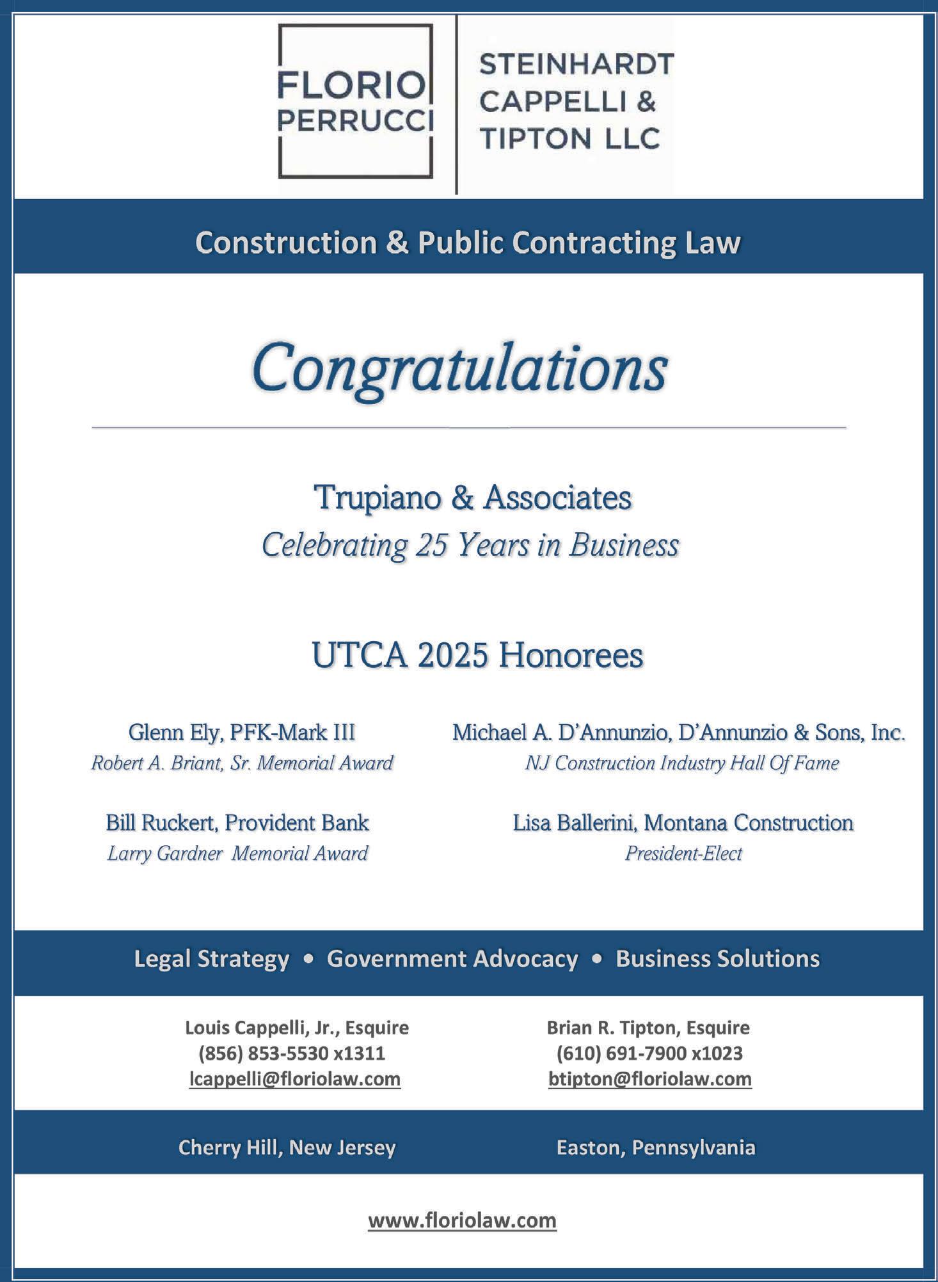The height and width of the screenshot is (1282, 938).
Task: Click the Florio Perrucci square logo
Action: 355,101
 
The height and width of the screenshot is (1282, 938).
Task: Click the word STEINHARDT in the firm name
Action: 576,64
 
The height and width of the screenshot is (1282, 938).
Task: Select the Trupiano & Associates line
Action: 472,498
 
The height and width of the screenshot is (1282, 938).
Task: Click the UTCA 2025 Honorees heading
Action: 477,655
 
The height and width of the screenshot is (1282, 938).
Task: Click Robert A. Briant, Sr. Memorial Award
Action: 242,763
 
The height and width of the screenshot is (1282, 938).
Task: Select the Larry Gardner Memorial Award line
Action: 237,853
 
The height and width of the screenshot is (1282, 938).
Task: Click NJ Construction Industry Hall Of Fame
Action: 681,763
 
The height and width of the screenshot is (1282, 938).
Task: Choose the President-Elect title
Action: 683,853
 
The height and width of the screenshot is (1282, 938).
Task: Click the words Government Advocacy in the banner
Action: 452,959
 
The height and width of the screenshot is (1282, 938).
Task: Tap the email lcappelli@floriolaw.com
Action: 295,1079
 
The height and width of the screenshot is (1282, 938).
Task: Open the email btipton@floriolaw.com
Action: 649,1079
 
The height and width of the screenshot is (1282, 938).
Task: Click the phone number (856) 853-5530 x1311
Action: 292,1053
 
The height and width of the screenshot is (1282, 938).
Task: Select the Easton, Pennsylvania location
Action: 655,1147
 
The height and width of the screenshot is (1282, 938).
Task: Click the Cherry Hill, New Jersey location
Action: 287,1147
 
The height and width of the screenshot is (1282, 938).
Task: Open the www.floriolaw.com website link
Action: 462,1221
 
